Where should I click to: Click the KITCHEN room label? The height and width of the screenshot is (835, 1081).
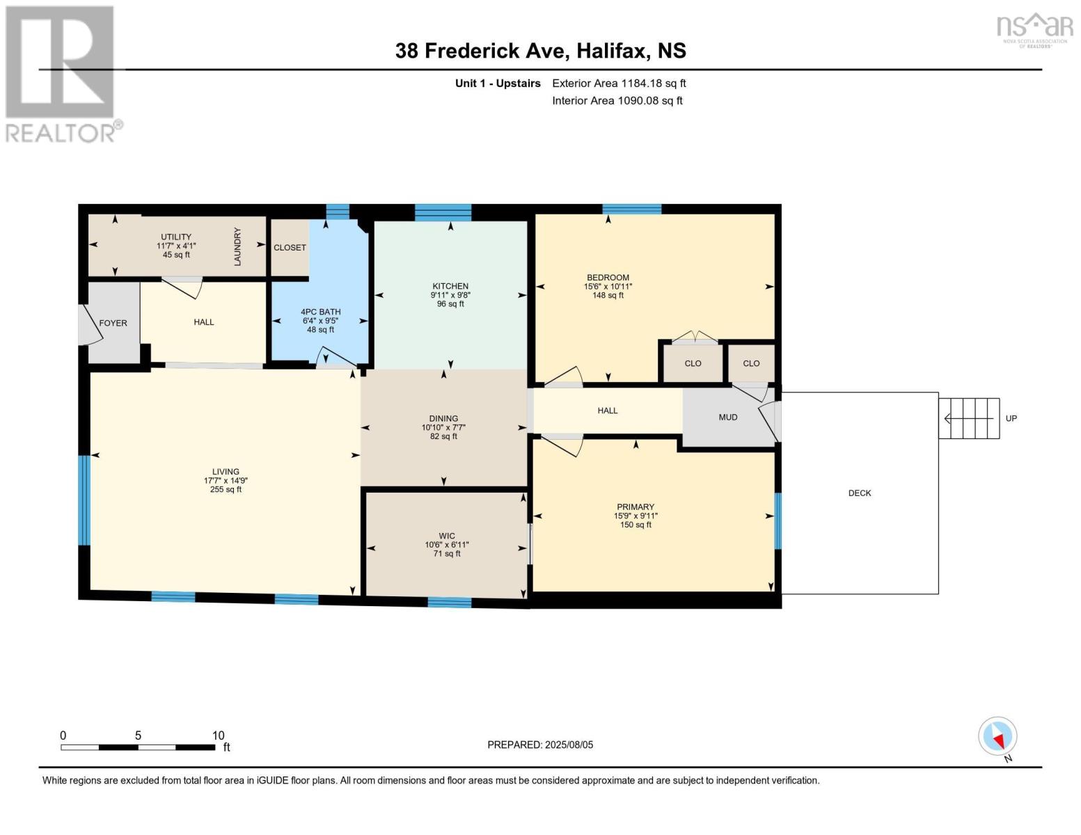click(450, 286)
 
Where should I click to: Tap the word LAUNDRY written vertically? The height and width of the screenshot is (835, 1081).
click(237, 246)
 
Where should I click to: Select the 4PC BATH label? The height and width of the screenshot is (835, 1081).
click(320, 312)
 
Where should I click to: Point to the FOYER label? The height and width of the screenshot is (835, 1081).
click(113, 324)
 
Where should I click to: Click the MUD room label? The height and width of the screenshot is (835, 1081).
click(728, 417)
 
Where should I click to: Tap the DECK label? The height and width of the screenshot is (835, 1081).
click(860, 493)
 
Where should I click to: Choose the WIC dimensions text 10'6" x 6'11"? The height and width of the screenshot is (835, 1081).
click(447, 545)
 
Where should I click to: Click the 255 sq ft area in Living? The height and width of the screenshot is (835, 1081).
click(226, 489)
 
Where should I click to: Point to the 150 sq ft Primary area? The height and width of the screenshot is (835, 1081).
click(636, 525)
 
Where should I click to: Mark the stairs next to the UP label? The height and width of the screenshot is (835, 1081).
click(968, 418)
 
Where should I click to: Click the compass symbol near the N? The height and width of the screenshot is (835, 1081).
click(997, 736)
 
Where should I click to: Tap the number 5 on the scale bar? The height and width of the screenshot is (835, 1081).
click(138, 735)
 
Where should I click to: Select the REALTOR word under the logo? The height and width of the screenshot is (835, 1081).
click(60, 134)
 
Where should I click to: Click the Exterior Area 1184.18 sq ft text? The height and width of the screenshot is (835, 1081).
click(619, 83)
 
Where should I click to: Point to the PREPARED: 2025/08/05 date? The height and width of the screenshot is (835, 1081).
click(540, 745)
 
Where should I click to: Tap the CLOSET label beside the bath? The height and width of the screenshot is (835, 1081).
click(290, 248)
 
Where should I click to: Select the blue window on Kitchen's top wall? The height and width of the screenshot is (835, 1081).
click(443, 212)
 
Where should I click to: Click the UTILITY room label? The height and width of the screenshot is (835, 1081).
click(176, 237)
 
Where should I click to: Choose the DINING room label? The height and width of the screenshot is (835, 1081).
click(443, 419)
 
